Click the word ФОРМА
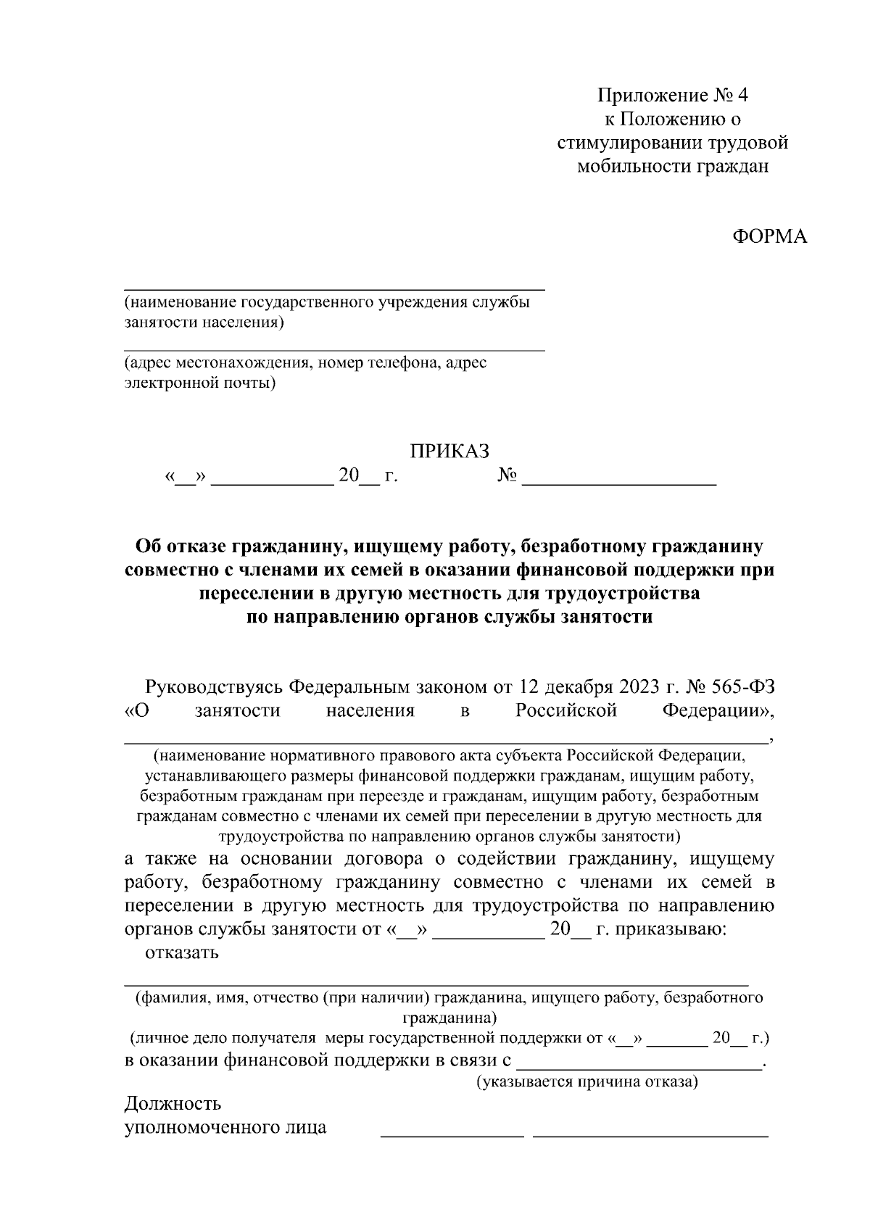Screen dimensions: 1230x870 tap(769, 237)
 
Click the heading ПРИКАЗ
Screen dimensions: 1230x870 tap(449, 451)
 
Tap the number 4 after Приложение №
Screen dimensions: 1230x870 tap(740, 95)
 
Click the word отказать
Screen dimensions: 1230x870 tap(183, 952)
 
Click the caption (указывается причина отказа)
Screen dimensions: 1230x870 tap(587, 1083)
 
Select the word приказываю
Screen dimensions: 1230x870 tap(669, 929)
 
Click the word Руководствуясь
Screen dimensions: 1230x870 tap(214, 686)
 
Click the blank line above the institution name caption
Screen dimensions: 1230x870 tap(334, 289)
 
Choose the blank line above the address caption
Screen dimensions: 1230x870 tap(334, 351)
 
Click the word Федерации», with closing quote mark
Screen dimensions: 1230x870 tap(718, 710)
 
